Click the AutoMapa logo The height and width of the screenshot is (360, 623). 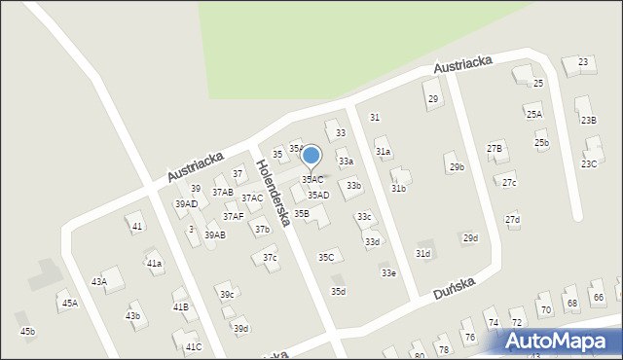click(561, 341)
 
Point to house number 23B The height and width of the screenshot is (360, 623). click(588, 120)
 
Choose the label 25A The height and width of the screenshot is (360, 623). click(533, 114)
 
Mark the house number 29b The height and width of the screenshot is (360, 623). click(457, 166)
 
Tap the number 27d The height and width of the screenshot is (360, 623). click(512, 219)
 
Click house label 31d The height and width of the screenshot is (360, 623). click(422, 253)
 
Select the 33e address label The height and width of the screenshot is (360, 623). click(388, 273)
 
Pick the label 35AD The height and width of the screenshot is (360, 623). click(318, 196)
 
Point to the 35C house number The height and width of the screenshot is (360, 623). click(327, 257)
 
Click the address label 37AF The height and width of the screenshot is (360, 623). click(233, 216)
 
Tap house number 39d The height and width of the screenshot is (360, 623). click(240, 328)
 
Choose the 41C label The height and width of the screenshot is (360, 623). click(194, 346)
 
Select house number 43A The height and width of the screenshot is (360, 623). click(99, 281)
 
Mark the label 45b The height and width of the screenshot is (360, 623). click(27, 332)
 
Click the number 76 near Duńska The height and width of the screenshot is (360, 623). click(469, 337)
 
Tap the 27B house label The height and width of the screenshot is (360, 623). click(495, 148)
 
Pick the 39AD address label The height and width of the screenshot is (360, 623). click(186, 204)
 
